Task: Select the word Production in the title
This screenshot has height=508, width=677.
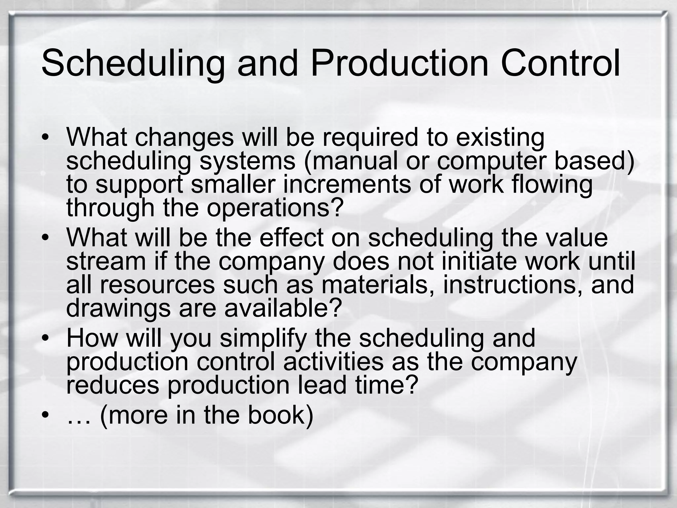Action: [399, 63]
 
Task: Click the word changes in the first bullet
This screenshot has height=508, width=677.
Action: [184, 138]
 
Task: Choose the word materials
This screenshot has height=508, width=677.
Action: [378, 285]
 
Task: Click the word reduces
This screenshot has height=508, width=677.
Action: [113, 385]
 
